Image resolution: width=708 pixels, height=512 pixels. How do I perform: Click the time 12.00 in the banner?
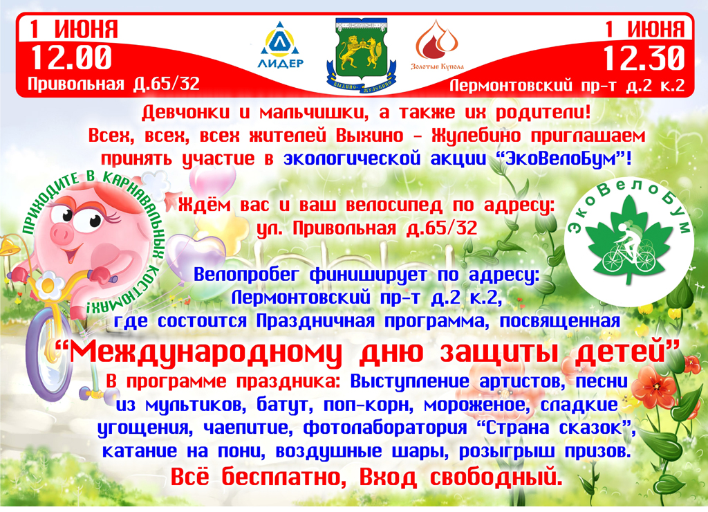tap(71, 57)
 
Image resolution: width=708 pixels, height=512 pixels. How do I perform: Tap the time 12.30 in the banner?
tap(644, 58)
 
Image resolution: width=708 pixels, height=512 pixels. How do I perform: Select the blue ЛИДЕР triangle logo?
tap(281, 45)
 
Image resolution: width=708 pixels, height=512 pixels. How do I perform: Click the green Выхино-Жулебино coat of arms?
tap(361, 55)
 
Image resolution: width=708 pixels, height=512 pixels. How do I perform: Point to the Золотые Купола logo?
tap(437, 45)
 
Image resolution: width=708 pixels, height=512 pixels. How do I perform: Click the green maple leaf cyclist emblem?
tap(628, 239)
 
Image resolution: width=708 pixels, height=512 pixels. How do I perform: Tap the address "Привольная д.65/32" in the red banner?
tap(113, 84)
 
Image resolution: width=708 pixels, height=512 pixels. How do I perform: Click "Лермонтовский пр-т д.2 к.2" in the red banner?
tap(567, 85)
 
